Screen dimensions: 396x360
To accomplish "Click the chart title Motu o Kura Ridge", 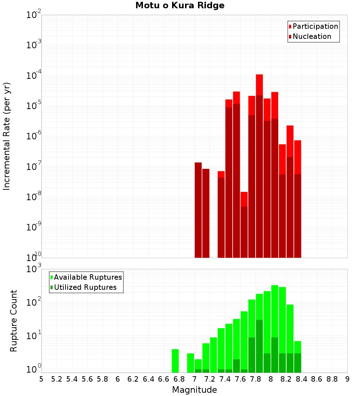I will (180, 6).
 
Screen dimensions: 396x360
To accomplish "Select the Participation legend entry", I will (315, 26).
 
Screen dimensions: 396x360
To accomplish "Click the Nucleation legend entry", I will (311, 36).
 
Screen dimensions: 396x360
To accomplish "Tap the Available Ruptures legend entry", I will (87, 277).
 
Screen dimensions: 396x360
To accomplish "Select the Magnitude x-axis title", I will (194, 390).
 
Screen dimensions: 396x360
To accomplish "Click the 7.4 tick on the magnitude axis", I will (225, 379).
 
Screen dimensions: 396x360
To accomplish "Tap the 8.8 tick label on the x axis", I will (332, 379).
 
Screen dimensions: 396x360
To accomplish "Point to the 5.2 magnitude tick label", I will (57, 379).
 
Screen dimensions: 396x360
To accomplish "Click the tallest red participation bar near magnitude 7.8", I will (259, 85).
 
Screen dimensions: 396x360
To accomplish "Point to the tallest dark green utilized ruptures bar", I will (259, 346).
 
